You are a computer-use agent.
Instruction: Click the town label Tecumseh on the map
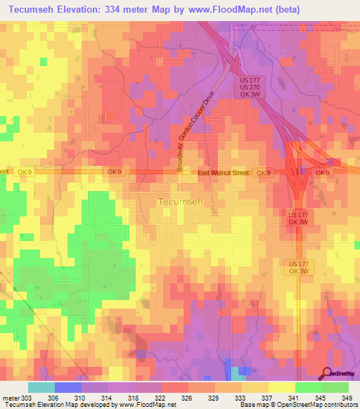[176, 202]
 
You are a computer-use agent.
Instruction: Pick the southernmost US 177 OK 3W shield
[298, 267]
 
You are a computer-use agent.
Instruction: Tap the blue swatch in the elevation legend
[67, 387]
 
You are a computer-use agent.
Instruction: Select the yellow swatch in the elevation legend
[281, 387]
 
